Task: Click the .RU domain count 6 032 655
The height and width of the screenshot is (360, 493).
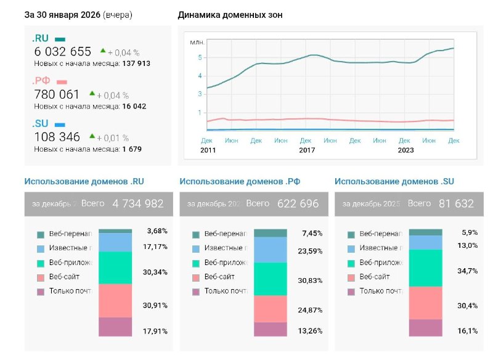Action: (x=63, y=52)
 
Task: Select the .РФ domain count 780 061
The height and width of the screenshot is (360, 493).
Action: (x=57, y=94)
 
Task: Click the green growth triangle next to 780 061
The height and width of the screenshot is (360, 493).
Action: (x=92, y=94)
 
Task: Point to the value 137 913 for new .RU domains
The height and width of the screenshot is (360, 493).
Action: (x=136, y=63)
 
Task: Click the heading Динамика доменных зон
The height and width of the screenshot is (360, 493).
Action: (x=230, y=15)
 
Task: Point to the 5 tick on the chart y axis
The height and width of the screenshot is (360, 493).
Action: (x=200, y=58)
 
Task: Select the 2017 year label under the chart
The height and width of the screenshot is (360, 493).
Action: (x=307, y=150)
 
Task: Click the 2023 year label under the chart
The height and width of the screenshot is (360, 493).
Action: (x=405, y=150)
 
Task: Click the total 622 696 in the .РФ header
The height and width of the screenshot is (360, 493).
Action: (x=298, y=203)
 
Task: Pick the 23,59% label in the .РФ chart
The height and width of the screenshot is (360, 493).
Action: (x=312, y=251)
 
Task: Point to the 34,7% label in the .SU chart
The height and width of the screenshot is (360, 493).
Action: (x=467, y=271)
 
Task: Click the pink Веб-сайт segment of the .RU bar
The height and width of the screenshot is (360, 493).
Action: (x=115, y=300)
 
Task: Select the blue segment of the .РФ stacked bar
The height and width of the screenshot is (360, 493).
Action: (x=271, y=250)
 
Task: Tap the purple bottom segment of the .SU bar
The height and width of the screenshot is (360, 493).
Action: (x=425, y=327)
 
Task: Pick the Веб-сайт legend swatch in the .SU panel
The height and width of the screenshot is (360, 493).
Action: (x=351, y=277)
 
